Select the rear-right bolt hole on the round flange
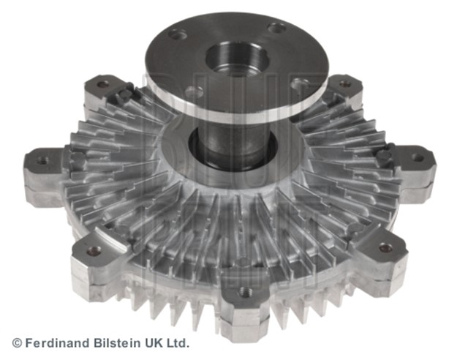(x=276, y=28)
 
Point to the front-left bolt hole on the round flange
(x=195, y=92)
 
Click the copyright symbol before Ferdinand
(x=17, y=342)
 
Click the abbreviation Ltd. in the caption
(x=175, y=342)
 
